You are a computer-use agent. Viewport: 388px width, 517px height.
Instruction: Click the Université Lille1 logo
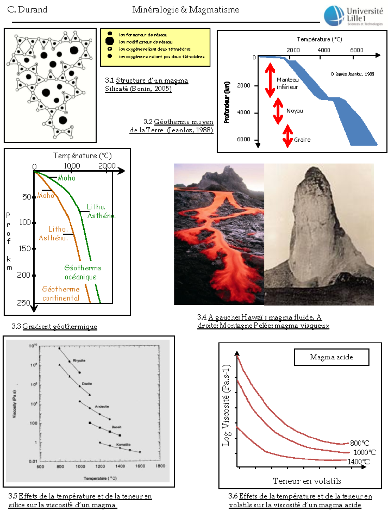click(x=353, y=16)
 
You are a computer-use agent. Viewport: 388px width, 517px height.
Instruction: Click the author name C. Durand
click(x=27, y=10)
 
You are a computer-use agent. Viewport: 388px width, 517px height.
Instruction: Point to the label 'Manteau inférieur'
click(x=287, y=83)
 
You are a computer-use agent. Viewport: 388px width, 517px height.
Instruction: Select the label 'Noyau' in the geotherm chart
click(x=295, y=111)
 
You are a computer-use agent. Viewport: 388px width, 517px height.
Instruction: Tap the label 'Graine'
click(x=302, y=140)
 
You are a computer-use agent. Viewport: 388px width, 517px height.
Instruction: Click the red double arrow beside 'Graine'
click(x=287, y=136)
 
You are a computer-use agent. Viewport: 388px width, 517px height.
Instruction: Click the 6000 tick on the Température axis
click(x=357, y=50)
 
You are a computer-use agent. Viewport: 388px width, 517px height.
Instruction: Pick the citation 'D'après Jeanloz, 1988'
click(x=352, y=74)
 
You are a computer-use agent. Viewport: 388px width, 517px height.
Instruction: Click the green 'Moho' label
click(x=67, y=178)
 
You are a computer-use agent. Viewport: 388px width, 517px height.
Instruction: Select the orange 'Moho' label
click(x=45, y=195)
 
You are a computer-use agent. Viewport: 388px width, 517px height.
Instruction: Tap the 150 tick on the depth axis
click(x=25, y=248)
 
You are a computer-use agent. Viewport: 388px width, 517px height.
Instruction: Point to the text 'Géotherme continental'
click(x=61, y=293)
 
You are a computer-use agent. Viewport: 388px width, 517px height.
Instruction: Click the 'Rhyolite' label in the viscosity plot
click(x=79, y=360)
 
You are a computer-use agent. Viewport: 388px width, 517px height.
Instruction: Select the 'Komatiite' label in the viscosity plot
click(x=123, y=445)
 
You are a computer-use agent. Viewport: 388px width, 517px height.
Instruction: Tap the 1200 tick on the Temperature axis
click(x=100, y=466)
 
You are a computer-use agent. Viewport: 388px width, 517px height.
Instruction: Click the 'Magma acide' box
click(x=331, y=357)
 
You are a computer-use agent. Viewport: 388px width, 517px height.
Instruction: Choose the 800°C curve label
click(x=360, y=443)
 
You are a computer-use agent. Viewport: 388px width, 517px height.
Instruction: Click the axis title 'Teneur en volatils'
click(x=307, y=481)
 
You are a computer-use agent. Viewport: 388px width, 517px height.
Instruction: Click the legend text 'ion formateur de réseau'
click(x=143, y=35)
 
